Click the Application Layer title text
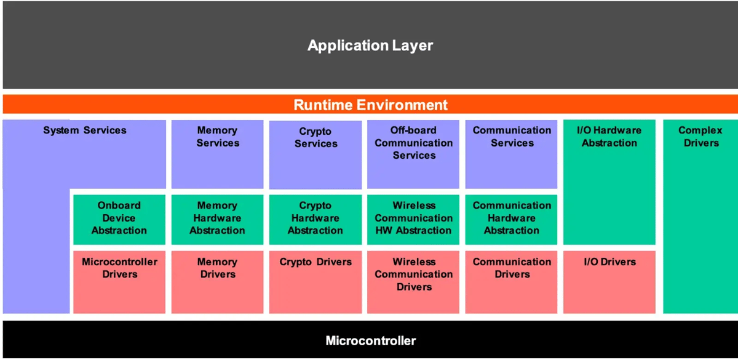point(370,46)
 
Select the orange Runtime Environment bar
point(370,105)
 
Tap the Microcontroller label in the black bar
point(370,340)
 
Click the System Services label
point(85,130)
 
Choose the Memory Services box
point(217,154)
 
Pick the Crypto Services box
point(315,154)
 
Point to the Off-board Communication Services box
point(413,154)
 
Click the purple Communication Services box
point(511,154)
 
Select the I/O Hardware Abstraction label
point(609,137)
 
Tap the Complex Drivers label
point(700,137)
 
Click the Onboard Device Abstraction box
point(119,219)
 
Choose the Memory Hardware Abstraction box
point(217,219)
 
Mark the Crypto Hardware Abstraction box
point(315,219)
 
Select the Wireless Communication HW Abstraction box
point(413,219)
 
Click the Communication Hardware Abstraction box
point(511,219)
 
